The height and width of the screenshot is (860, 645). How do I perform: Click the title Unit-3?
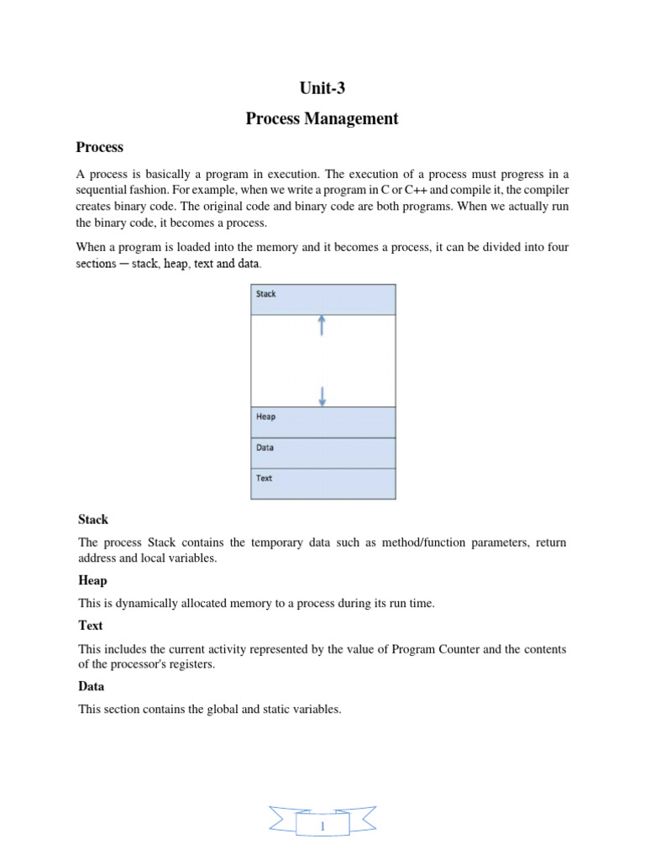[x=322, y=88]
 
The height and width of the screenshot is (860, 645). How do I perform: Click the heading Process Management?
[x=322, y=118]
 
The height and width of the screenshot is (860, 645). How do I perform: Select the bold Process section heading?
[x=99, y=147]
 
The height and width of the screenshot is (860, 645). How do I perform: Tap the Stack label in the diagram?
[x=265, y=294]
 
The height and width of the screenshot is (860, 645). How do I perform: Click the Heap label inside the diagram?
[x=265, y=417]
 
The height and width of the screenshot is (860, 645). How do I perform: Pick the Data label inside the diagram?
[x=265, y=448]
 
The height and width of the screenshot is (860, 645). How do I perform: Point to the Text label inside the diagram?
[x=264, y=478]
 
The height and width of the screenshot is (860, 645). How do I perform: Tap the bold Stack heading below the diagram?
[x=93, y=520]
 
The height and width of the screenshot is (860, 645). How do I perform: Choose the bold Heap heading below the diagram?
[x=92, y=580]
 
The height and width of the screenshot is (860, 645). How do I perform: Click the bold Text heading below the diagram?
[x=91, y=626]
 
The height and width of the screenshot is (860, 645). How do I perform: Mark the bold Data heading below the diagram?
[x=92, y=686]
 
